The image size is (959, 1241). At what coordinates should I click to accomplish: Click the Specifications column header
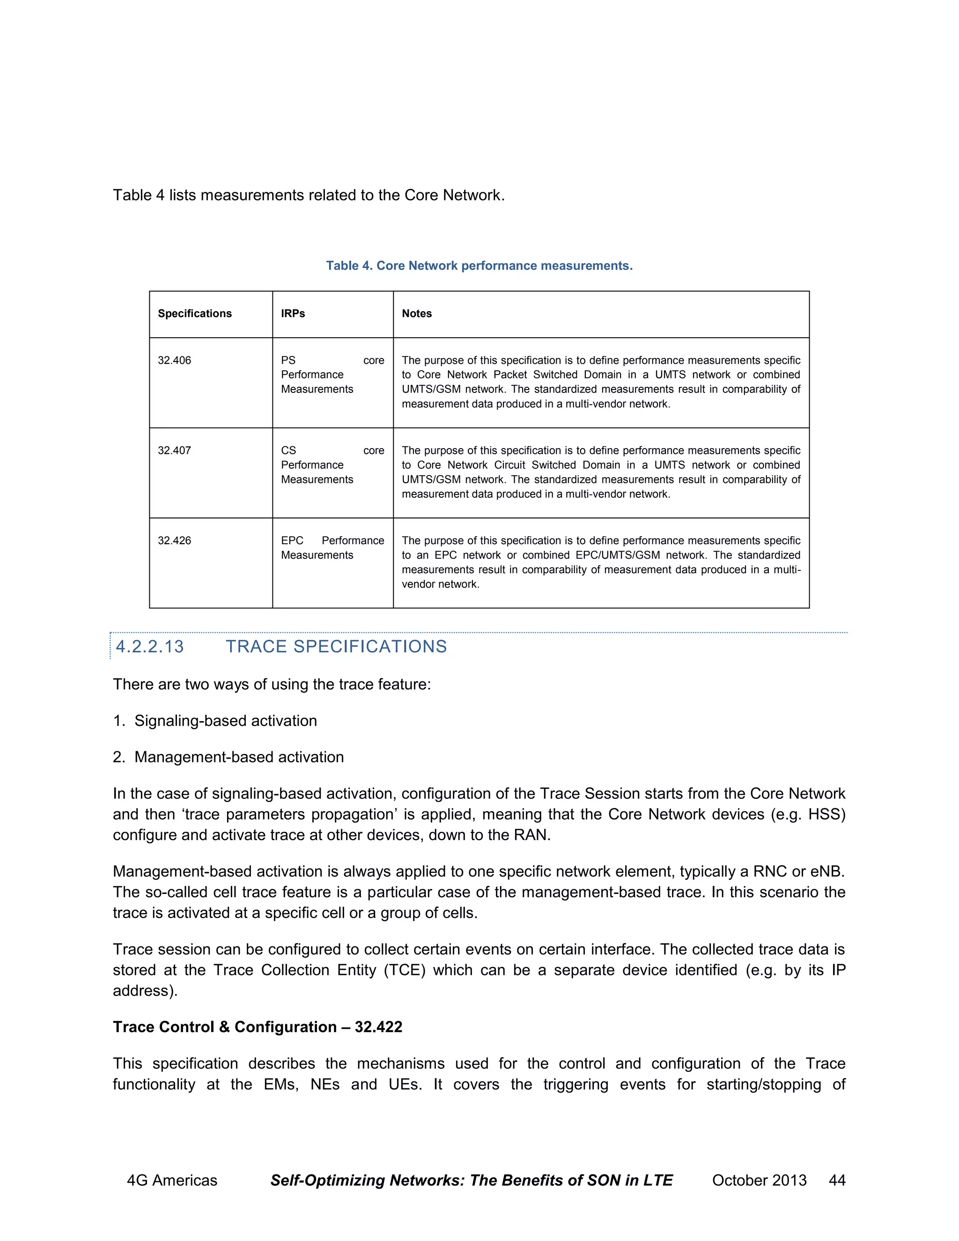[195, 314]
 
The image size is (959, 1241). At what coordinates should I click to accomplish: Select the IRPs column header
[293, 314]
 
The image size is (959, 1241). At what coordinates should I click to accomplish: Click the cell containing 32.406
[174, 360]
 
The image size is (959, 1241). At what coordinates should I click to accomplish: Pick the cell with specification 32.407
[174, 451]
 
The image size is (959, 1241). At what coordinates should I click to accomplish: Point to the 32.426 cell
[174, 540]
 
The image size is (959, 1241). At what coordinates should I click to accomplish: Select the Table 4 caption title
[479, 266]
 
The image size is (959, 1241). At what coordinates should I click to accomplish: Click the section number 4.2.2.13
[150, 647]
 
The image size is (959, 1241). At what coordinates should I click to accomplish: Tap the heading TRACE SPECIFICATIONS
[336, 647]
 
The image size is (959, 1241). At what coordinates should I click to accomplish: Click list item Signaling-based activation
[226, 721]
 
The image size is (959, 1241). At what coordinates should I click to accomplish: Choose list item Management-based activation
[239, 757]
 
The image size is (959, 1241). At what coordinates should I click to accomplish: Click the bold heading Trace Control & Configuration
[258, 1027]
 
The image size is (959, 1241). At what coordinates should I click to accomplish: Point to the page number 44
[837, 1180]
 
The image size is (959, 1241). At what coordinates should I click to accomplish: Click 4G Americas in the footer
[172, 1180]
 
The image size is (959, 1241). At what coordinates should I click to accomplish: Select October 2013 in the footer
[759, 1180]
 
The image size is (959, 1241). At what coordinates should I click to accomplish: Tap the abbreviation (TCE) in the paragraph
[405, 970]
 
